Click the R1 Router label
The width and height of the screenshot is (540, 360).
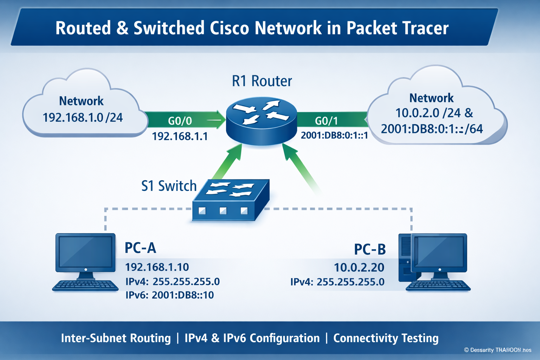[x=262, y=81]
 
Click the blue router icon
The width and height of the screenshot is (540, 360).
[x=261, y=121]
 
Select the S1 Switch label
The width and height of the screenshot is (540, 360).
[x=169, y=186]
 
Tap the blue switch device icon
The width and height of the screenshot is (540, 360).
[x=231, y=200]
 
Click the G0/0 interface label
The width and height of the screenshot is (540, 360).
[x=180, y=121]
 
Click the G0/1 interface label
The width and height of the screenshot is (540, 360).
[x=326, y=121]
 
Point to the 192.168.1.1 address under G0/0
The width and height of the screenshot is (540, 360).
[x=180, y=136]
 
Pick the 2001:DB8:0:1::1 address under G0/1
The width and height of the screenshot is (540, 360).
[x=334, y=135]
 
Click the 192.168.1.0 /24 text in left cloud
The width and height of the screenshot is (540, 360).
[x=83, y=117]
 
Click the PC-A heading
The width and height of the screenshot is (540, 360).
[x=140, y=248]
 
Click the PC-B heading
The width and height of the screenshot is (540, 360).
[x=369, y=249]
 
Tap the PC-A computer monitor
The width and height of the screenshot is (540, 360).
[x=85, y=252]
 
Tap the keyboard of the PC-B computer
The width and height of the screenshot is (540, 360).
[x=438, y=286]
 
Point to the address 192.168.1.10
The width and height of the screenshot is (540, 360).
[x=157, y=267]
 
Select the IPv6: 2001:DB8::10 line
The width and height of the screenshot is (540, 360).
[x=169, y=295]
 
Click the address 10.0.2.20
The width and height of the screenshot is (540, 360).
[x=359, y=268]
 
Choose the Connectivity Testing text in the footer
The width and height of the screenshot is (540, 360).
[x=386, y=338]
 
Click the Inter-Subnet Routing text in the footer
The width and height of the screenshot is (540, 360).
[x=116, y=338]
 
